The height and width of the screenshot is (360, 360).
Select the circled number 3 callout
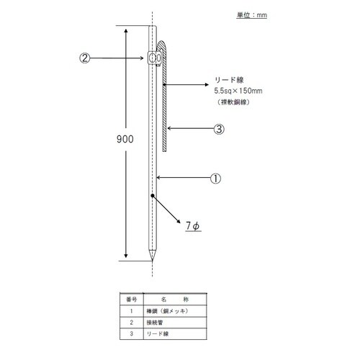(x=220, y=130)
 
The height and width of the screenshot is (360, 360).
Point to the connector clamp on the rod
(x=153, y=58)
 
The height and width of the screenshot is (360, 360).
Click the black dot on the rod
(x=152, y=195)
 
